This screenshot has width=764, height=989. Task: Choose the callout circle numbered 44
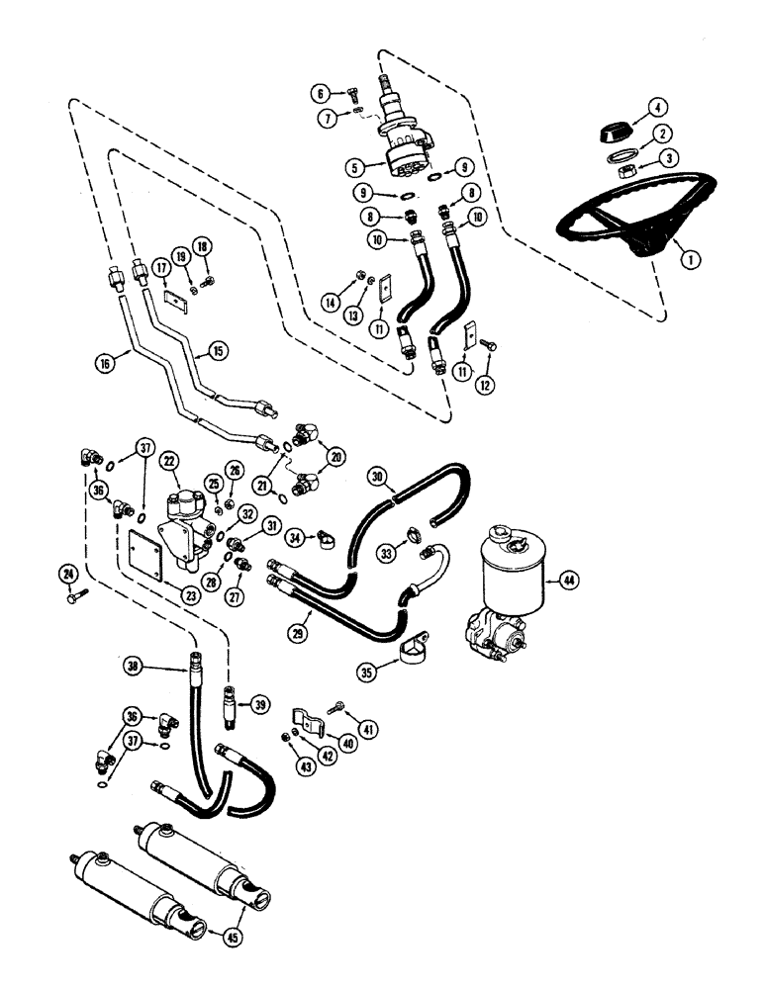(x=565, y=580)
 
